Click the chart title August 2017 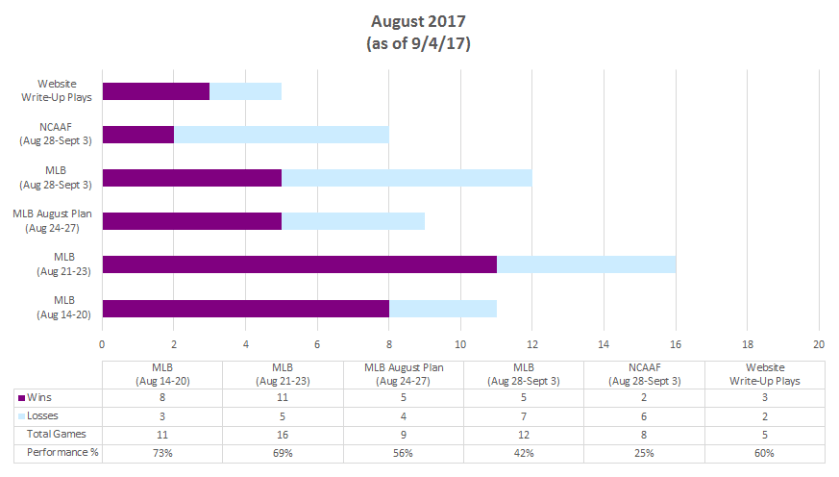click(x=419, y=20)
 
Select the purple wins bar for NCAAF click(x=138, y=134)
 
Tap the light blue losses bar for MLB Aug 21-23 click(x=586, y=264)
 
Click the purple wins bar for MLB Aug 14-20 click(x=245, y=308)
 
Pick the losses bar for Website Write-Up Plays click(x=245, y=91)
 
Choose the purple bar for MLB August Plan click(x=191, y=221)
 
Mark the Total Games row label click(x=57, y=435)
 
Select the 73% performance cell click(x=162, y=453)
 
